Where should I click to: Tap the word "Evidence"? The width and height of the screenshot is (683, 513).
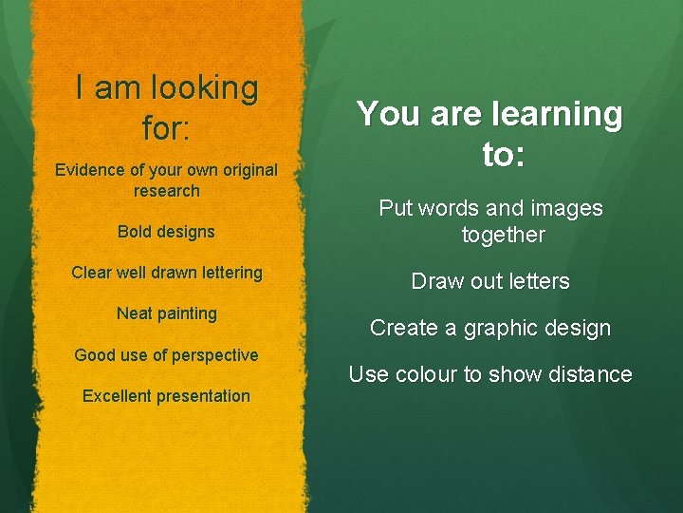pos(91,170)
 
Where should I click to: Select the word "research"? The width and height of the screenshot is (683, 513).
pos(167,190)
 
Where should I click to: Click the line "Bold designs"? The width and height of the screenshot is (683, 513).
pos(166,232)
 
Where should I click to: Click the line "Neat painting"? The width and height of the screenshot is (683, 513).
pos(166,313)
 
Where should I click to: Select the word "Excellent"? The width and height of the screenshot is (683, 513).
pos(118,396)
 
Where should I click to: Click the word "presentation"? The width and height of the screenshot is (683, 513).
pos(204,396)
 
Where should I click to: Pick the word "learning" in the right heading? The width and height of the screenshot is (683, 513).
pos(556,115)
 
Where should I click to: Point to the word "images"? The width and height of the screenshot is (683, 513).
pos(567,208)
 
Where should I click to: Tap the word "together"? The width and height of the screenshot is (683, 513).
pos(503,235)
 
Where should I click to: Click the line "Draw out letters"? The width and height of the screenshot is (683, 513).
pos(489,281)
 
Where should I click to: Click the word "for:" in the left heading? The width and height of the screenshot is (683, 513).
pos(166,128)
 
